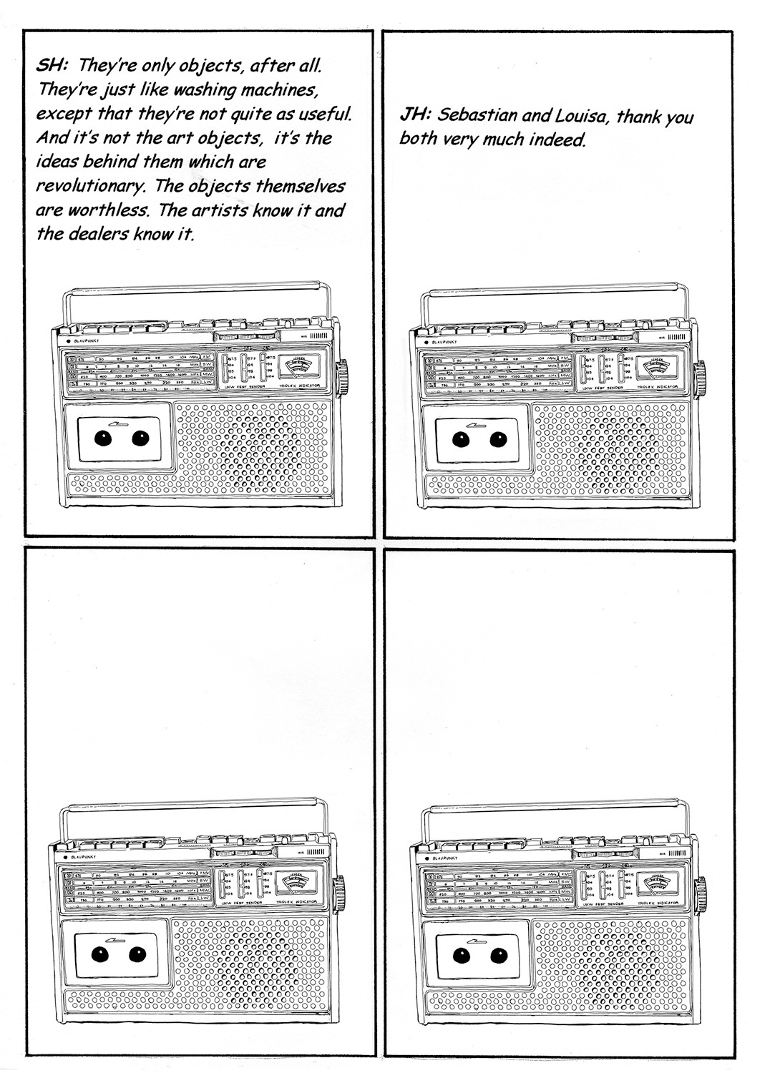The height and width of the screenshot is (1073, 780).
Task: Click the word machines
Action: tap(233, 90)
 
